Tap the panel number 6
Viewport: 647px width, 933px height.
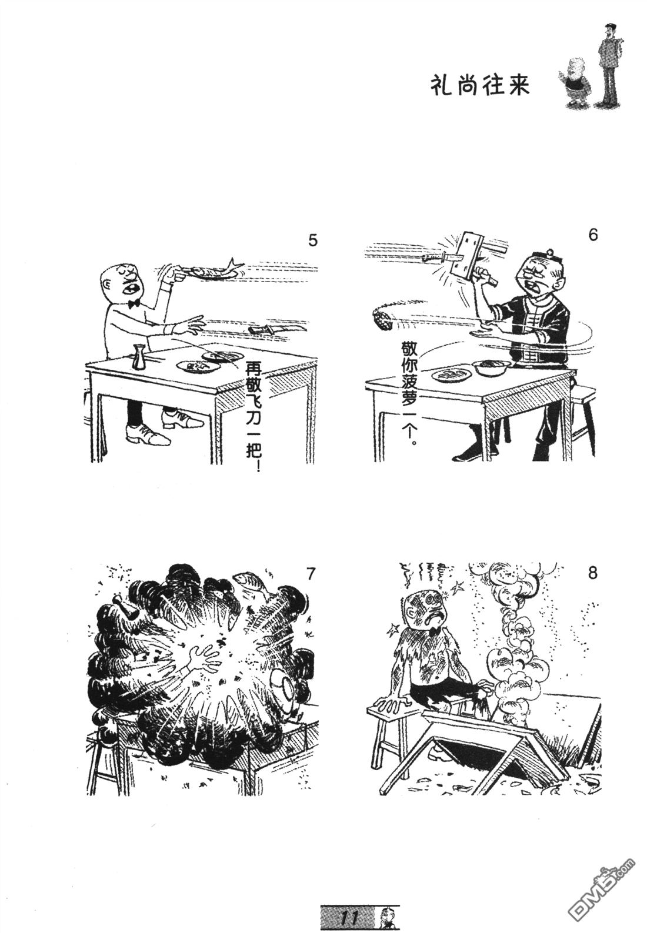click(592, 235)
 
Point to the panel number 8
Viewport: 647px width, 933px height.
click(592, 573)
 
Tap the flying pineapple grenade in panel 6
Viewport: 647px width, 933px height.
click(381, 320)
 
